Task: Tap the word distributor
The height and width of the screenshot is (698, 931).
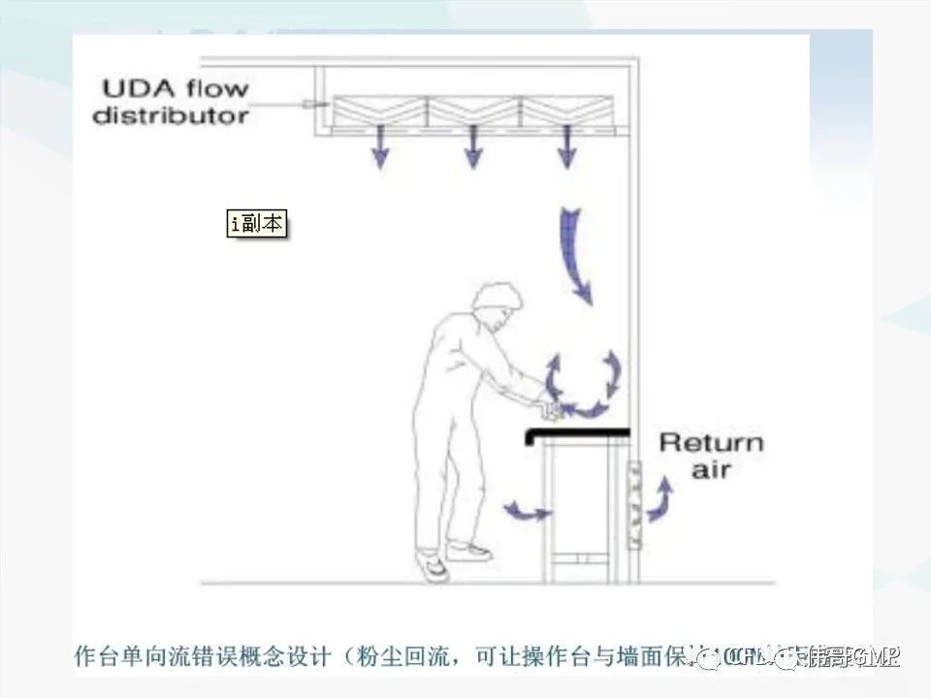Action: tap(170, 115)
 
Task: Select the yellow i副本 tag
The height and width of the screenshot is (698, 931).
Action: tap(257, 224)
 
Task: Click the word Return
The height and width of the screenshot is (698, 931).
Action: tap(711, 444)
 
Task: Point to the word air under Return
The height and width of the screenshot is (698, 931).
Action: tap(711, 470)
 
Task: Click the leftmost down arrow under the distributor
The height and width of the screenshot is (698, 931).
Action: tap(380, 148)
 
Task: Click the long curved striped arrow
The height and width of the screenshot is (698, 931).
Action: tap(574, 252)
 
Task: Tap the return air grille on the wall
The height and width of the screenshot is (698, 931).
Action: tap(635, 504)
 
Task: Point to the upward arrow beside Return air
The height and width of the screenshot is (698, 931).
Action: tap(662, 498)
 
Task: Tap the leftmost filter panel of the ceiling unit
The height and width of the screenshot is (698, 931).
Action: tap(380, 111)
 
